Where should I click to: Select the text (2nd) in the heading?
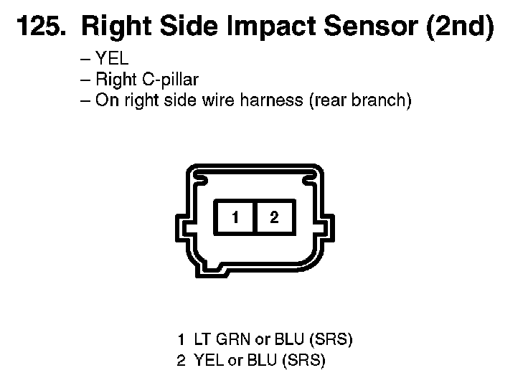tap(460, 27)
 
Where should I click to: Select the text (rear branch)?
tap(360, 100)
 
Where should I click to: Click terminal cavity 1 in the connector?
tap(235, 217)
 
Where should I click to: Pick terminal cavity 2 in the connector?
tap(274, 217)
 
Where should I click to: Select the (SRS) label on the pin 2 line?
tap(303, 361)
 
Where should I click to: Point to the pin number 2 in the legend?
tap(181, 361)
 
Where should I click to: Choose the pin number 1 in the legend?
tap(181, 339)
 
